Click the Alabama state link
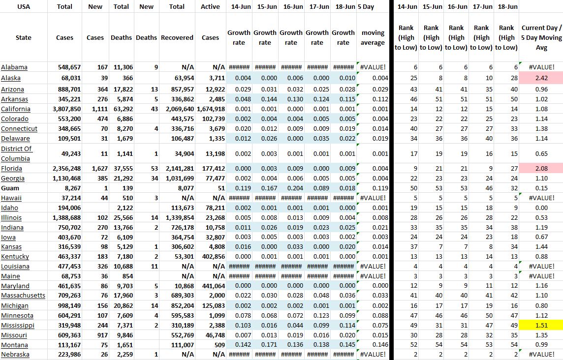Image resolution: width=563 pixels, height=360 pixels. pos(14,67)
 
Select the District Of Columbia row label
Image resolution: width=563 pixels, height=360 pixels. pos(16,153)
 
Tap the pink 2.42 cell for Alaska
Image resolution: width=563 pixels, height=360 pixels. pos(541,78)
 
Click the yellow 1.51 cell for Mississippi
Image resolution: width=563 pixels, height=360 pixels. pos(541,326)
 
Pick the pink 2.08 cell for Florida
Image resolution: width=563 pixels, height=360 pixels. pos(541,169)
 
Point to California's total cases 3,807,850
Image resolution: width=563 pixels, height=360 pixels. pos(65,109)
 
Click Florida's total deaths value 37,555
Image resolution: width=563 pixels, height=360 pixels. pos(121,169)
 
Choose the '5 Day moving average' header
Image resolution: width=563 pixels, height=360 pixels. pos(373,38)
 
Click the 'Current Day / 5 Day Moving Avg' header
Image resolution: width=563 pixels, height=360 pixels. pos(541,38)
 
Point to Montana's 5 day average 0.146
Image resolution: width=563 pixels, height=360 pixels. pos(380,345)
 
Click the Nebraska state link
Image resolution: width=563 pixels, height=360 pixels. pos(15,355)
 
